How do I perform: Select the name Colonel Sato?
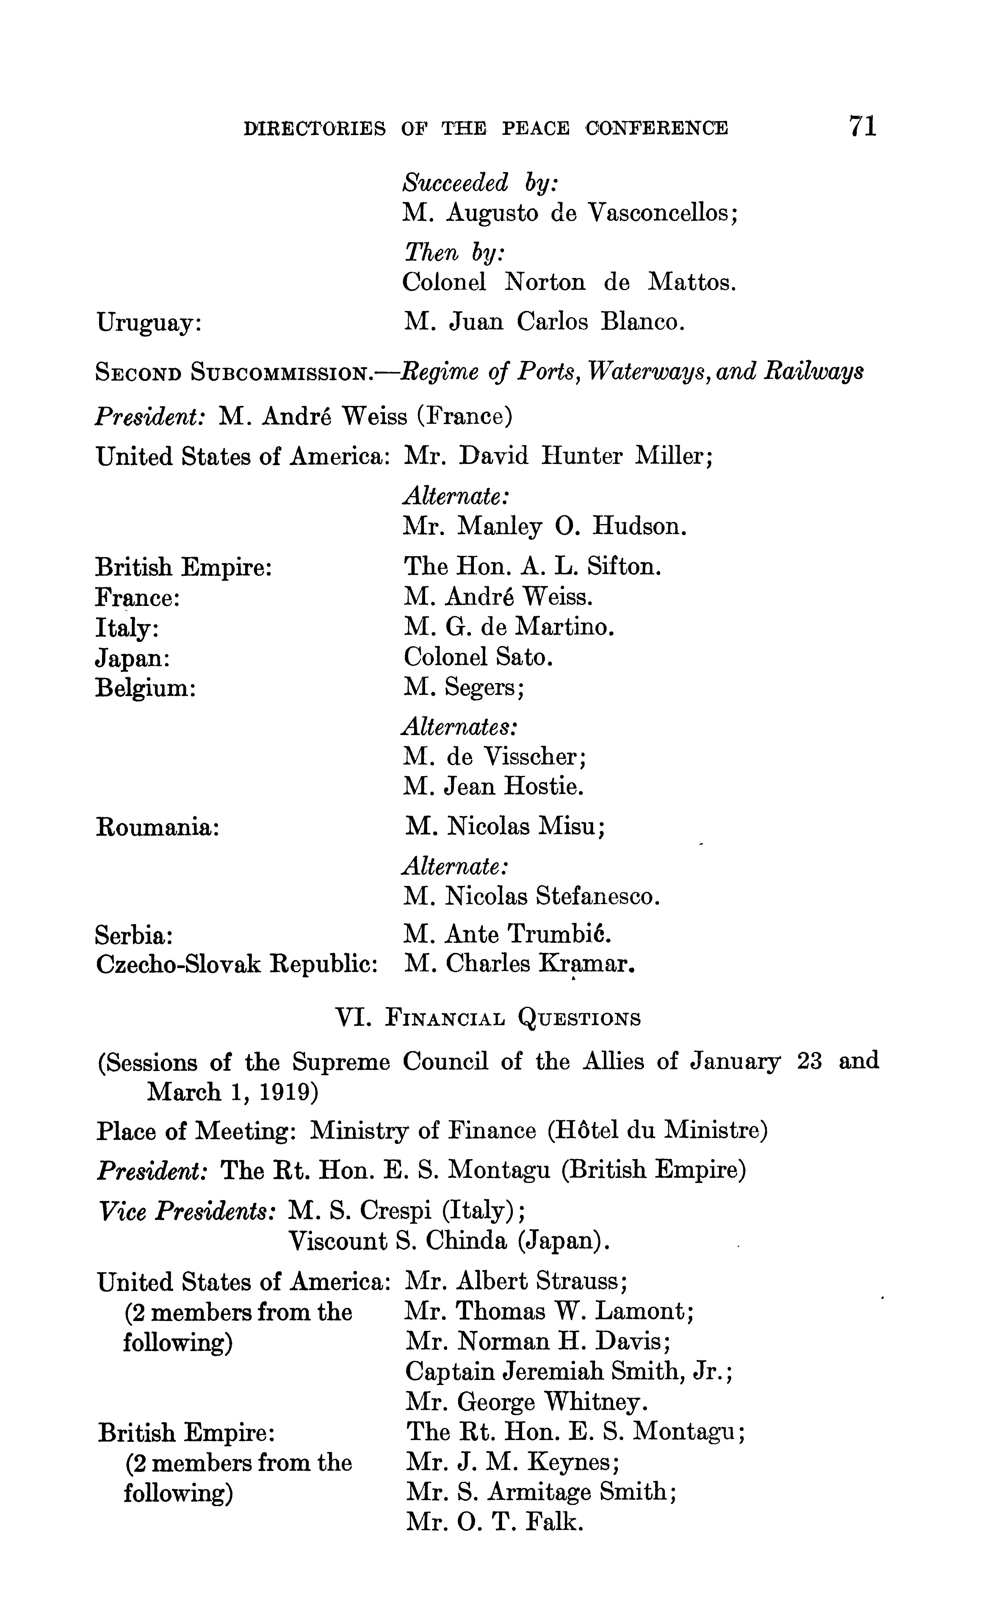tap(479, 657)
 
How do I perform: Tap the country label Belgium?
tap(145, 688)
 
